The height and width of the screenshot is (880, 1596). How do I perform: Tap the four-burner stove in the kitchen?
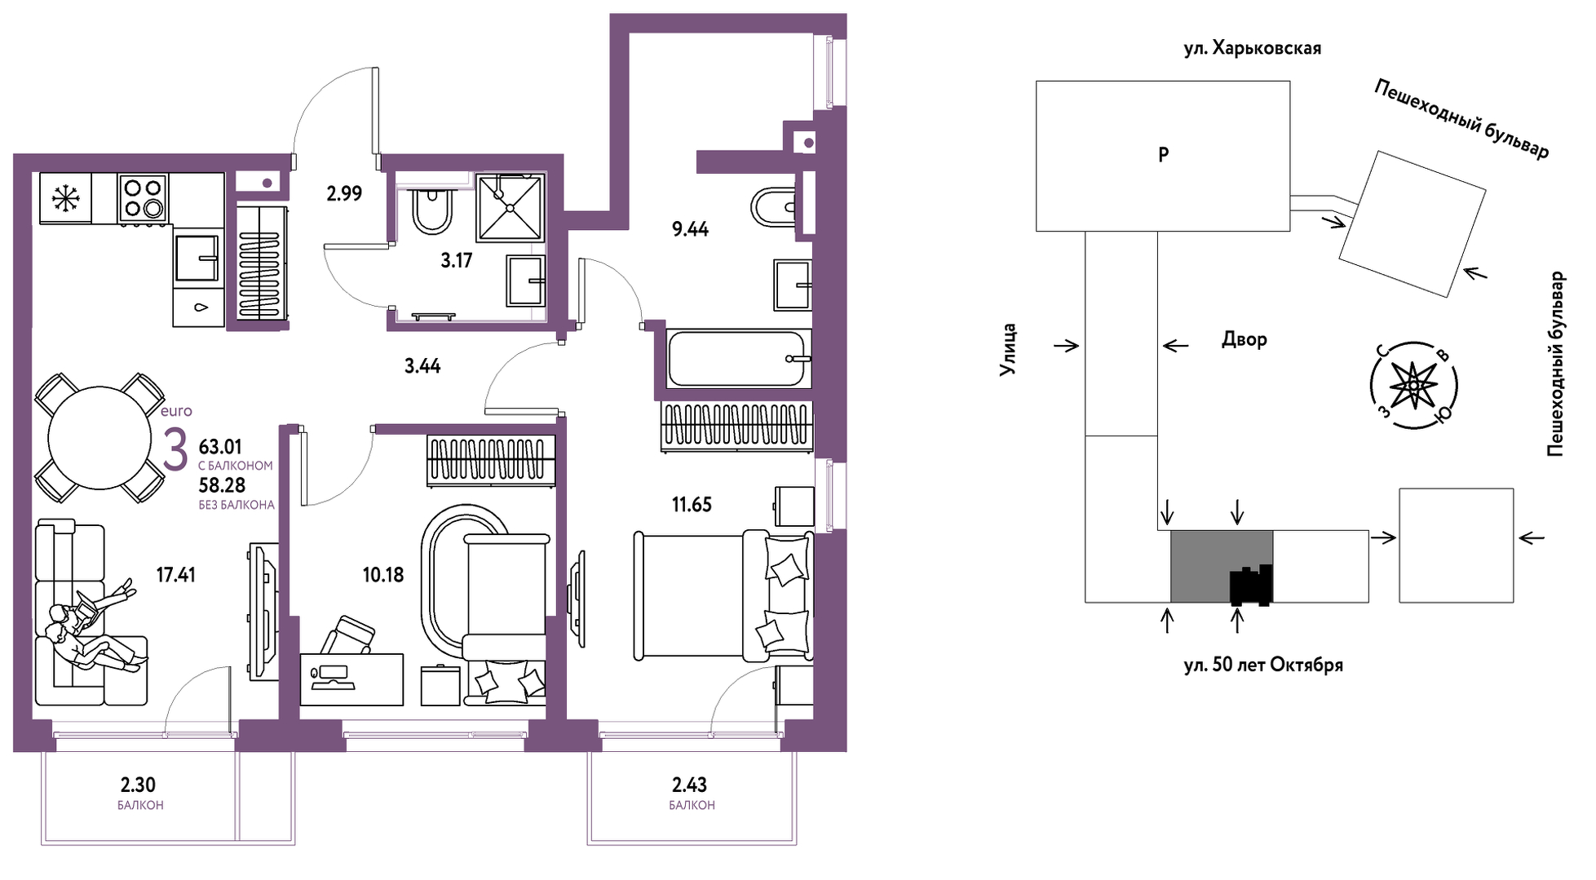coord(143,197)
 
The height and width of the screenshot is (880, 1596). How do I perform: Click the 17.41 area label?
coord(176,575)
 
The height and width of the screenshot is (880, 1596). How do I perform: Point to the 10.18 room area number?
coord(383,575)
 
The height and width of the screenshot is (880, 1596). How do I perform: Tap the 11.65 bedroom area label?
coord(692,505)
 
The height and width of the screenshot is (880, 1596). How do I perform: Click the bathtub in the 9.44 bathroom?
coord(739,358)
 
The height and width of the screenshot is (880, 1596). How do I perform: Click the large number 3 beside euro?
coord(175,450)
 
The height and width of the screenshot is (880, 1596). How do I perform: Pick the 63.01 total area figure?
coord(220,447)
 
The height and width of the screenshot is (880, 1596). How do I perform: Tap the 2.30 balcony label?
coord(138,785)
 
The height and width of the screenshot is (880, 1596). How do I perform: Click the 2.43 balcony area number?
coord(689,785)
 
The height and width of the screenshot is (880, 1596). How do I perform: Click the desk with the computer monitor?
coord(351,679)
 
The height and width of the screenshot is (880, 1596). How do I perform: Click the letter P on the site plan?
coord(1164,154)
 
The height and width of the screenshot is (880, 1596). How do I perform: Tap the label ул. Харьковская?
coord(1253,48)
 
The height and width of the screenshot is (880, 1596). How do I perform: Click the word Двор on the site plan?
coord(1244,339)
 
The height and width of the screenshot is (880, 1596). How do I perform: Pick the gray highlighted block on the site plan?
coord(1222,566)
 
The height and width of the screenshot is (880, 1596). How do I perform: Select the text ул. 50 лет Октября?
coord(1263,665)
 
